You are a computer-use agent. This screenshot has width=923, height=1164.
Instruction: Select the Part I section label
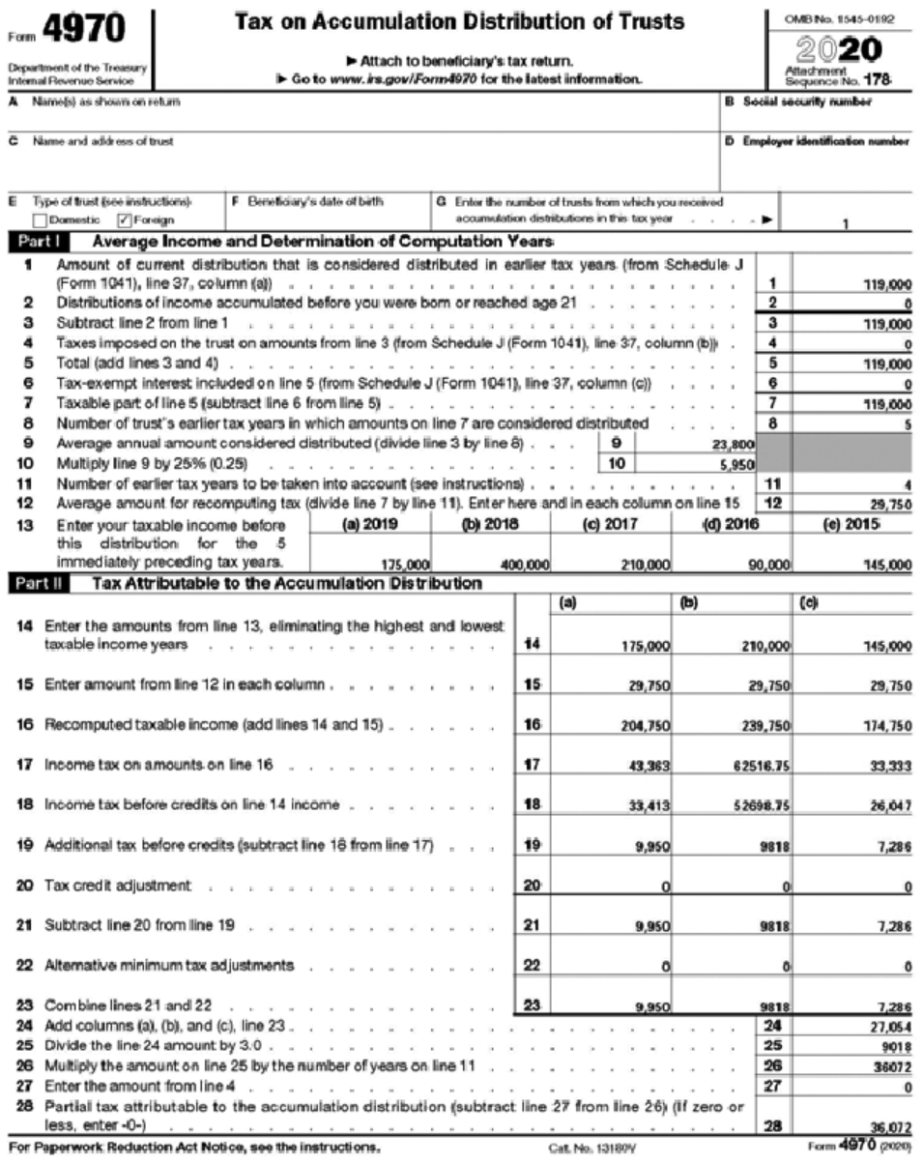tap(29, 241)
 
